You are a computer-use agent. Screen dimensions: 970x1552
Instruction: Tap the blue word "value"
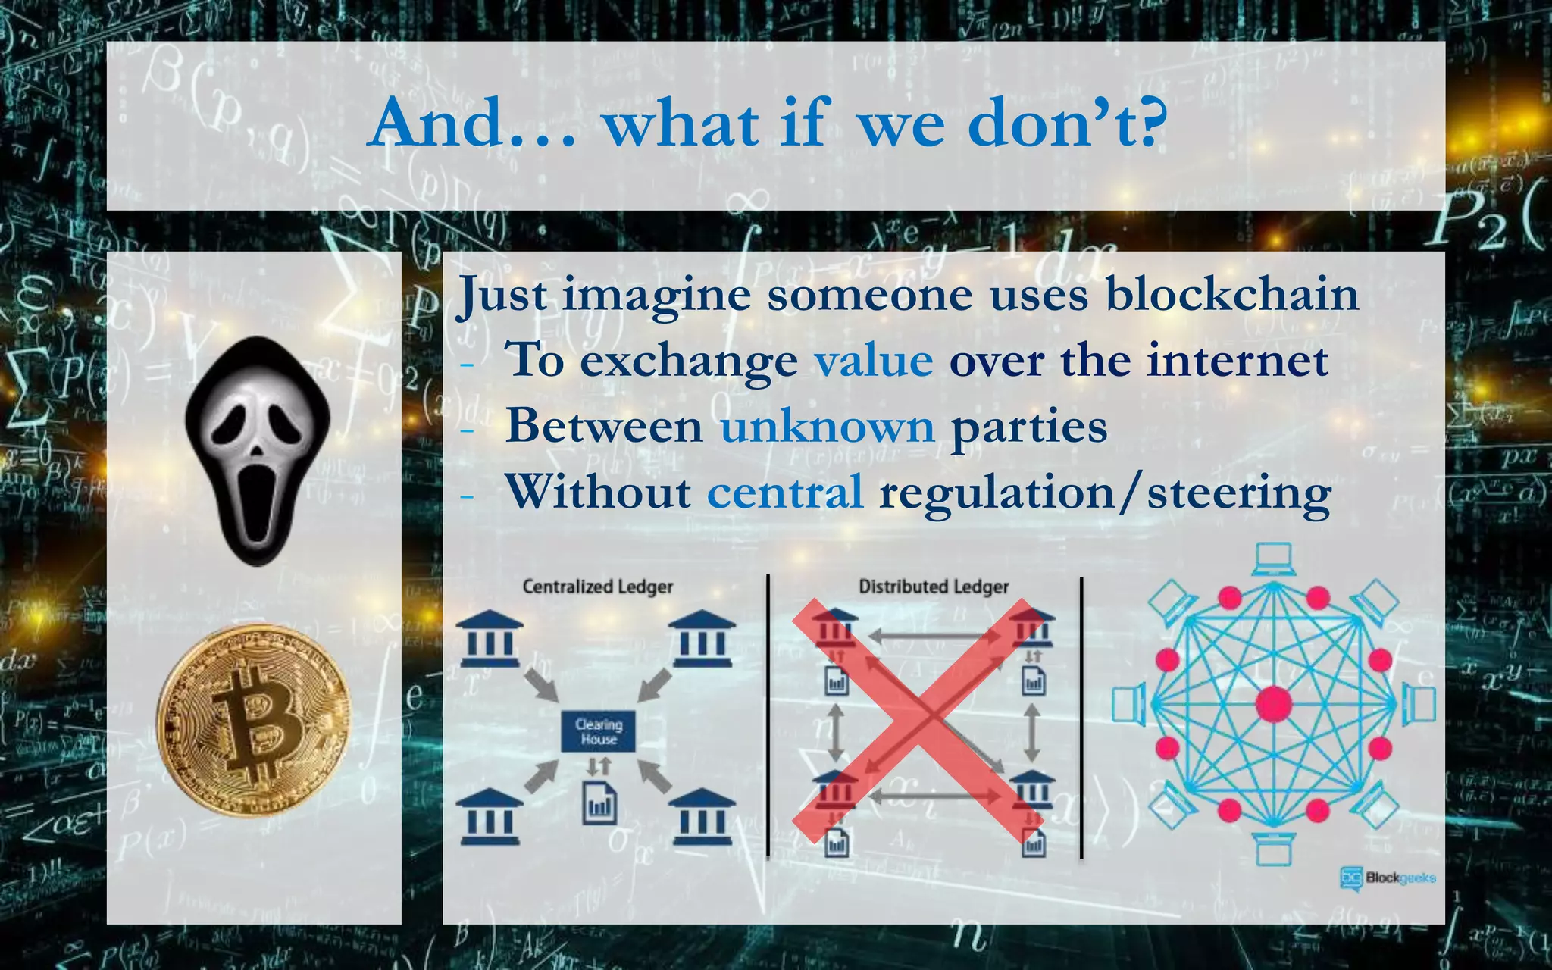874,360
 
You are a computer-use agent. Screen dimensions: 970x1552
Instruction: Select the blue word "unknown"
828,426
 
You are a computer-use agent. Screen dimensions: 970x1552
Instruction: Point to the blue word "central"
785,492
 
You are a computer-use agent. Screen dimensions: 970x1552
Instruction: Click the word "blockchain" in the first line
1231,294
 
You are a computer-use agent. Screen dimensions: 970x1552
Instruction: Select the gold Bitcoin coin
254,721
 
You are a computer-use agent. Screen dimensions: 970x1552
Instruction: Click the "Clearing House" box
598,731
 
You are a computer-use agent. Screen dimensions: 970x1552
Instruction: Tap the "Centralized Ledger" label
598,587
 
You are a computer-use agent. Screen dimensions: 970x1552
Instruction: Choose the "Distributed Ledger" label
934,587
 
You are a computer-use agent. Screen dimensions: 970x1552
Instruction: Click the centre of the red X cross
917,720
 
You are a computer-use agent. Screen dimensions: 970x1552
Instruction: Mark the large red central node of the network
1273,704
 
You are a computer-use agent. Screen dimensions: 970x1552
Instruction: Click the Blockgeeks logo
1388,878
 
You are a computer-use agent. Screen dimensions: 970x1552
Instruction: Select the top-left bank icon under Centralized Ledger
490,638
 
